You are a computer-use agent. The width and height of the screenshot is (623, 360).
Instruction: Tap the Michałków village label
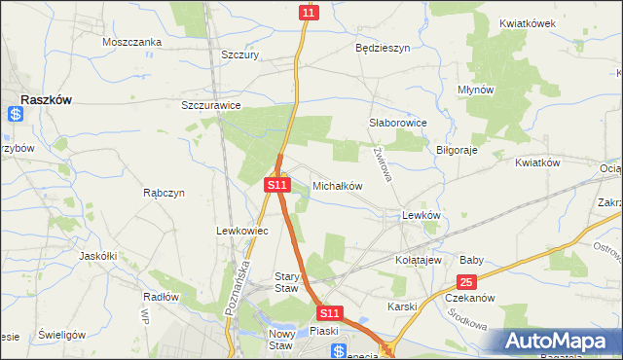(337, 185)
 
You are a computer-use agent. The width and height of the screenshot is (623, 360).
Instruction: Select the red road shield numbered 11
(309, 12)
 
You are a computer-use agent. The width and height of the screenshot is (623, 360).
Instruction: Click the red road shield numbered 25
(467, 282)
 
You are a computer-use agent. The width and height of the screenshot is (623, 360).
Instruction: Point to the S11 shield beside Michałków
(277, 184)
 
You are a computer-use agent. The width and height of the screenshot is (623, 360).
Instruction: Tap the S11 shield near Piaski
(330, 313)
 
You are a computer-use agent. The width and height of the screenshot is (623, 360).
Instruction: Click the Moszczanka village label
(131, 43)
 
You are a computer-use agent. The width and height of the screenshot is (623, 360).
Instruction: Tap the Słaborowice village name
(399, 124)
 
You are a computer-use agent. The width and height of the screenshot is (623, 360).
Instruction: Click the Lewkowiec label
(235, 231)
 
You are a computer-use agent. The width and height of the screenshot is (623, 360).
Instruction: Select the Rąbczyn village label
(164, 193)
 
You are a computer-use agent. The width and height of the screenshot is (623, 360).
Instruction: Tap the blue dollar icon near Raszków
(15, 114)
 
